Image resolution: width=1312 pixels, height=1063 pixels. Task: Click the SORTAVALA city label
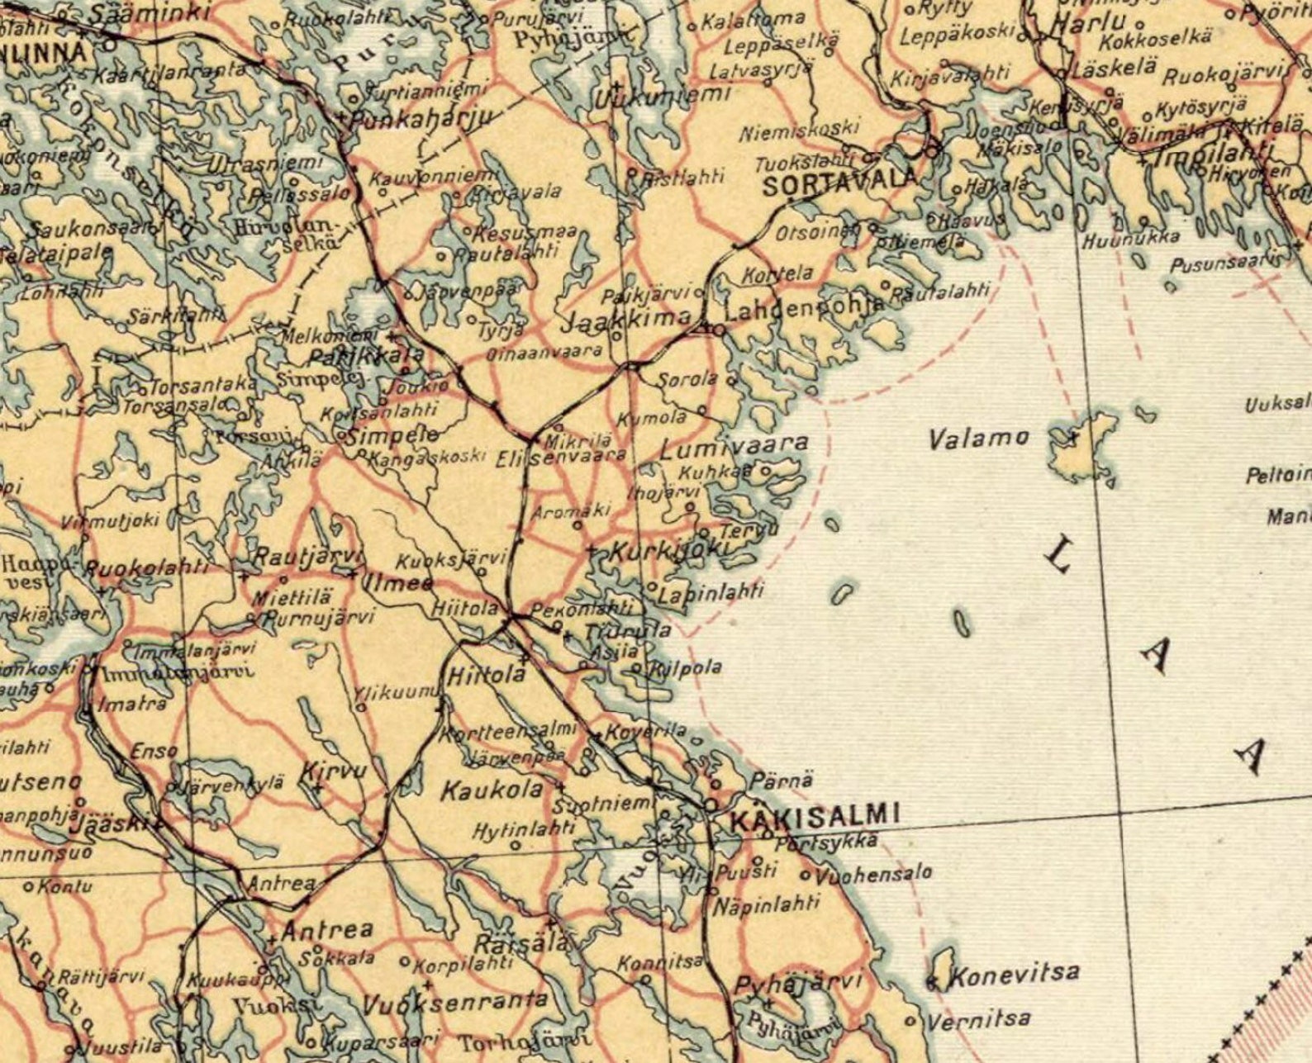pyautogui.click(x=839, y=183)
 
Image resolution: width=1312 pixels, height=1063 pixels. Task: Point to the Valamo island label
pyautogui.click(x=979, y=438)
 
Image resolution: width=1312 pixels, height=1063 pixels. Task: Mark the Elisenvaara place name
pyautogui.click(x=562, y=455)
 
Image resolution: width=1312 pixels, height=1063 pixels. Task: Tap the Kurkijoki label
pyautogui.click(x=669, y=550)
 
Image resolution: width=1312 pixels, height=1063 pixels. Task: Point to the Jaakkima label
pyautogui.click(x=626, y=319)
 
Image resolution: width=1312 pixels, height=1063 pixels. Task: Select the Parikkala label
pyautogui.click(x=366, y=357)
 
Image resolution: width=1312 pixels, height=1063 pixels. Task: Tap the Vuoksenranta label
pyautogui.click(x=454, y=1002)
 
